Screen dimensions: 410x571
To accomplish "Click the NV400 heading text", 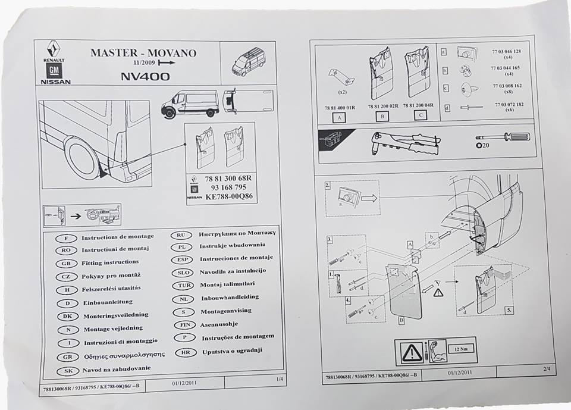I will [x=145, y=76].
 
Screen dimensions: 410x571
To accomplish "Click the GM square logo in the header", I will [x=54, y=71].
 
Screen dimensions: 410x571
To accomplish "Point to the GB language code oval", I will [x=64, y=263].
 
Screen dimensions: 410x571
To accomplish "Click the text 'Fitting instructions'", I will [x=110, y=262].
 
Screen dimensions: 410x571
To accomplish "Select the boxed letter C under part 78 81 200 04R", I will [x=420, y=115].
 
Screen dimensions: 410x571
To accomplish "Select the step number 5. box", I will [x=508, y=310].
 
